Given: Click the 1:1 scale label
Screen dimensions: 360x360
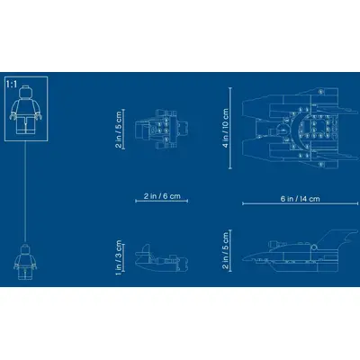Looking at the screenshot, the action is point(12,85).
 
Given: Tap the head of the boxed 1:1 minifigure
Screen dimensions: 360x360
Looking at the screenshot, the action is point(26,92).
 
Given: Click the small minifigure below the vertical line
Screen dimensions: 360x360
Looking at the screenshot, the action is point(25,262).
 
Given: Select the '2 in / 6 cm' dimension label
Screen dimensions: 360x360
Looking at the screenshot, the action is point(162,196).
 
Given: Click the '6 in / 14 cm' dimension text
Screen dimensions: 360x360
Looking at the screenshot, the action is point(301,199).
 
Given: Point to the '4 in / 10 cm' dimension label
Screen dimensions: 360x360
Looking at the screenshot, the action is point(226,128).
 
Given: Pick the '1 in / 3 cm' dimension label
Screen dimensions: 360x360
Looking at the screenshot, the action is point(118,258).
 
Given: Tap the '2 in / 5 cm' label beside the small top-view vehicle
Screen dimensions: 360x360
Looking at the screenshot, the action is point(118,130).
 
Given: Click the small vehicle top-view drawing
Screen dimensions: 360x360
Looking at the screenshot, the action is point(161,130).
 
